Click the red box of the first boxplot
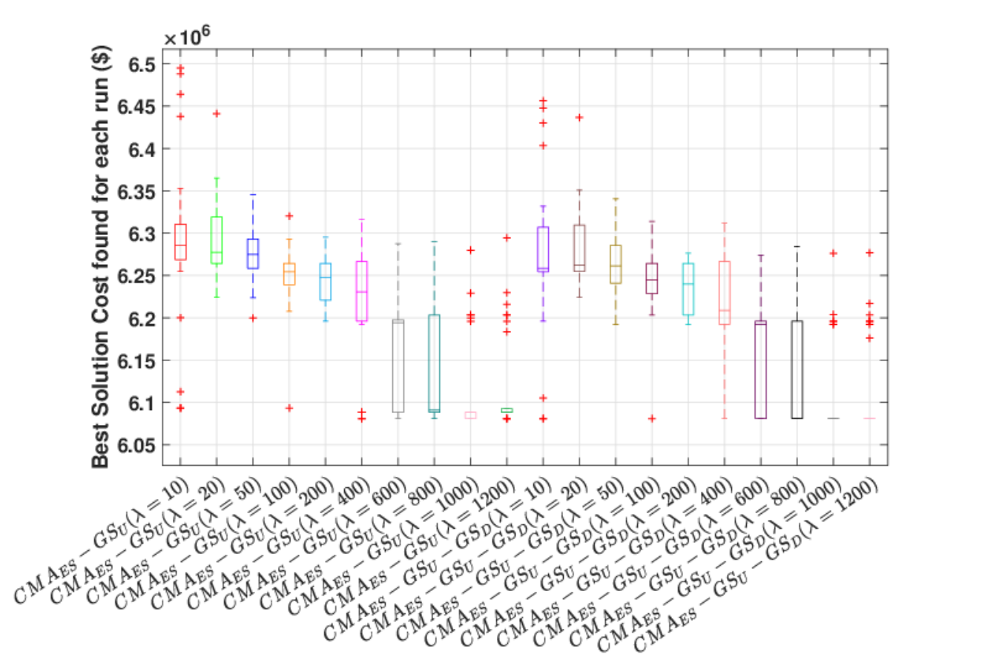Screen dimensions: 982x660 pyautogui.click(x=175, y=242)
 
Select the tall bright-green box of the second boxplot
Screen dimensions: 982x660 pyautogui.click(x=211, y=240)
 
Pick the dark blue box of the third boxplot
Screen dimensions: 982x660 pyautogui.click(x=248, y=254)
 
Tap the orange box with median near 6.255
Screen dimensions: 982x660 pyautogui.click(x=283, y=274)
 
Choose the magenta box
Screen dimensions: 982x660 pyautogui.click(x=357, y=291)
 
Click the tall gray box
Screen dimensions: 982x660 pyautogui.click(x=393, y=366)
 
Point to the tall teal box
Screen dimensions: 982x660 pyautogui.click(x=429, y=363)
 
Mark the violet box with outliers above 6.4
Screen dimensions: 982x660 pyautogui.click(x=538, y=249)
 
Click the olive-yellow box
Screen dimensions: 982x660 pyautogui.click(x=610, y=264)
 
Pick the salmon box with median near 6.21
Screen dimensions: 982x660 pyautogui.click(x=719, y=293)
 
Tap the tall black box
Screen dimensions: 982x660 pyautogui.click(x=792, y=369)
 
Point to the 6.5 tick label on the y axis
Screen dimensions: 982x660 pyautogui.click(x=142, y=65)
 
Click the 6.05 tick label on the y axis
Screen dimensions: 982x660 pyautogui.click(x=136, y=446)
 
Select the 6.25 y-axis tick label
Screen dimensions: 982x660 pyautogui.click(x=136, y=277)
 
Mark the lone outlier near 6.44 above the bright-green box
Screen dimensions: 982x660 pyautogui.click(x=217, y=114)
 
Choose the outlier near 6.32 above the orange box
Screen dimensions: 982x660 pyautogui.click(x=289, y=216)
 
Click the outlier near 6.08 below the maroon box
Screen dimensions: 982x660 pyautogui.click(x=653, y=418)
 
